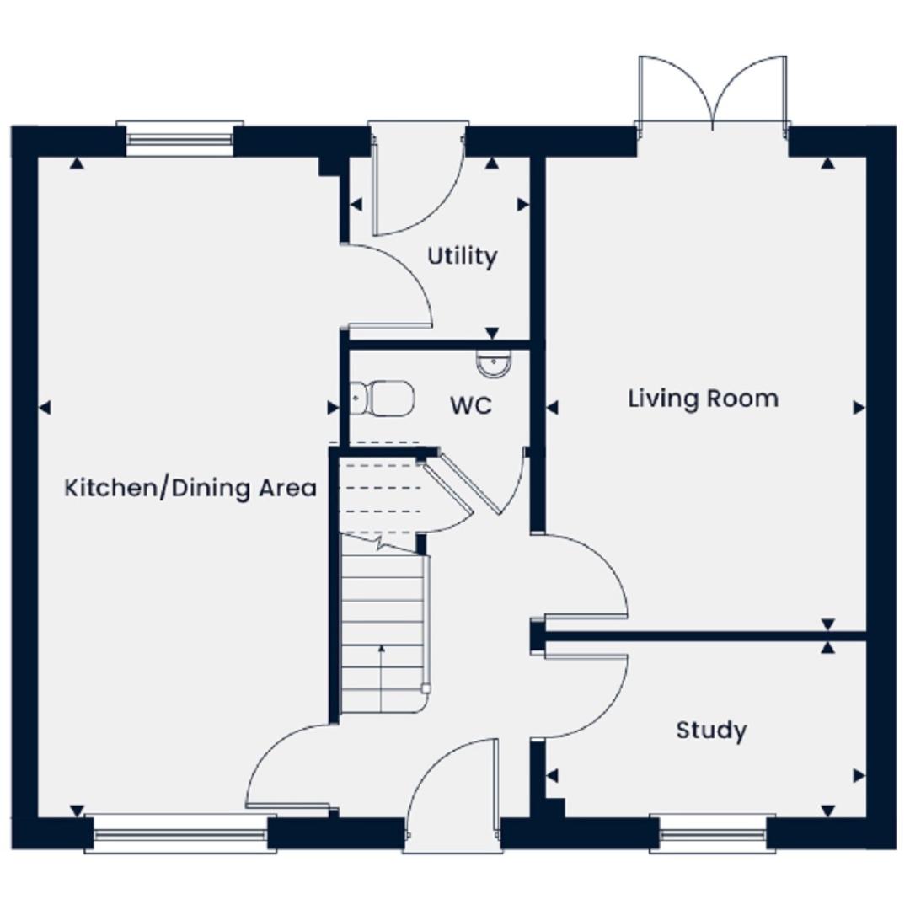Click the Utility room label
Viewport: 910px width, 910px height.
click(462, 256)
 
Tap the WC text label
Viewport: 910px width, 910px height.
click(471, 405)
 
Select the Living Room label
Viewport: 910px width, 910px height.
click(703, 399)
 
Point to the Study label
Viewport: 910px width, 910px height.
click(711, 730)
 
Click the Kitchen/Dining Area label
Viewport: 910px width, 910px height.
click(190, 488)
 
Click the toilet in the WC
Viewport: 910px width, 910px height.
click(383, 398)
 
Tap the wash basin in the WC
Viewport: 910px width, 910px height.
click(495, 364)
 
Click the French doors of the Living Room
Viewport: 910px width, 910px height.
click(713, 93)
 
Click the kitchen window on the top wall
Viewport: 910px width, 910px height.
click(180, 138)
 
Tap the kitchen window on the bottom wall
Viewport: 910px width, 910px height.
click(180, 833)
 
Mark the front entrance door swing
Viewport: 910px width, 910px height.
click(452, 790)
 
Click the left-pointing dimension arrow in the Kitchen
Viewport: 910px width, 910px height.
click(45, 408)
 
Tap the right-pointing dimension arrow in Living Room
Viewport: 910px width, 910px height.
click(859, 408)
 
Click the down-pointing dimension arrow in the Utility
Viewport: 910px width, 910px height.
click(492, 334)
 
